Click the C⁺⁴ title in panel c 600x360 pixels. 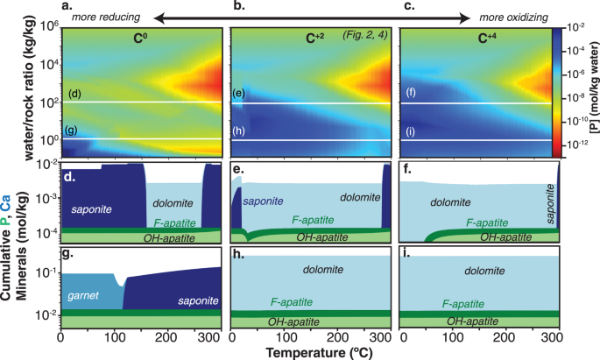coord(475,39)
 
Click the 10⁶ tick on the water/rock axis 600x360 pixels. coord(45,27)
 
